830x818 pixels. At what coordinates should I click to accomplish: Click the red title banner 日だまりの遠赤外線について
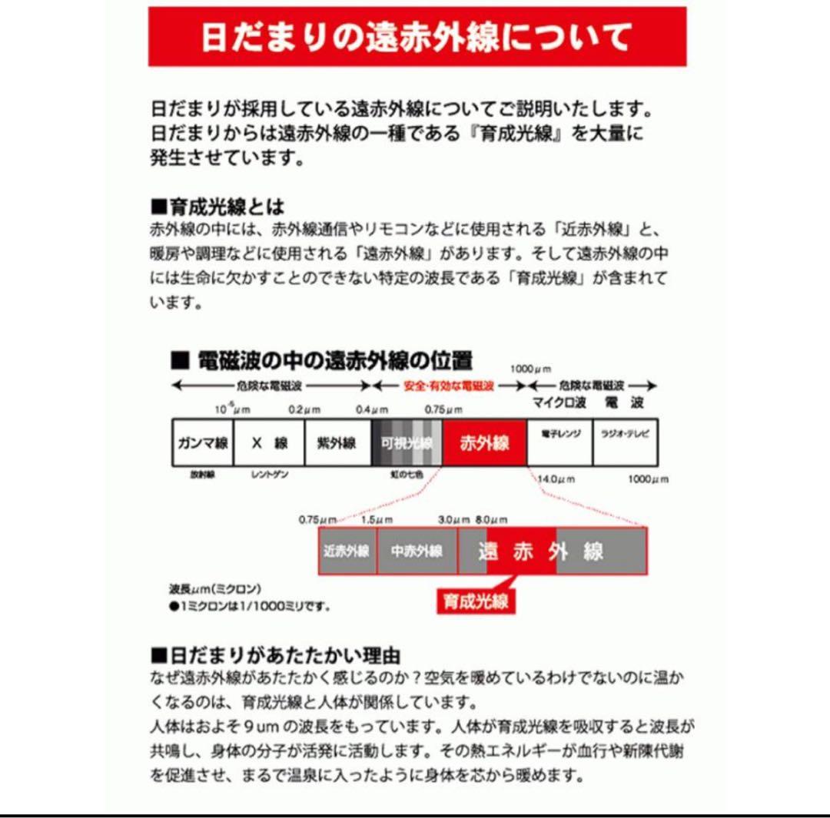coord(417,37)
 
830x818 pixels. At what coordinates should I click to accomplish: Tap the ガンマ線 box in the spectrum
coord(201,442)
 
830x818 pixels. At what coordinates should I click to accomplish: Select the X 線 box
coord(269,442)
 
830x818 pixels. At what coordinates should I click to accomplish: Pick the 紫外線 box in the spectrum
coord(337,442)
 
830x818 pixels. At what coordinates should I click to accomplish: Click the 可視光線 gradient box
coord(407,442)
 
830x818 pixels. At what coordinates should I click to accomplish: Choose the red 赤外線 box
coord(484,442)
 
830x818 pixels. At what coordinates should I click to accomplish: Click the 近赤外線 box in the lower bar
coord(347,551)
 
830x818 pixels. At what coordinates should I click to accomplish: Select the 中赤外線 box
coord(417,551)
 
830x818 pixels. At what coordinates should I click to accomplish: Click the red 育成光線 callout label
coord(476,601)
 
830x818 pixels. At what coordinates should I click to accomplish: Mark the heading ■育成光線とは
coord(217,207)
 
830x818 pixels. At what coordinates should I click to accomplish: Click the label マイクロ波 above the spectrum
coord(560,402)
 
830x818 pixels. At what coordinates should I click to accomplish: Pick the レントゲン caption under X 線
coord(270,475)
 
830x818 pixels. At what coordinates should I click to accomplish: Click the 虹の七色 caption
coord(405,475)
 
